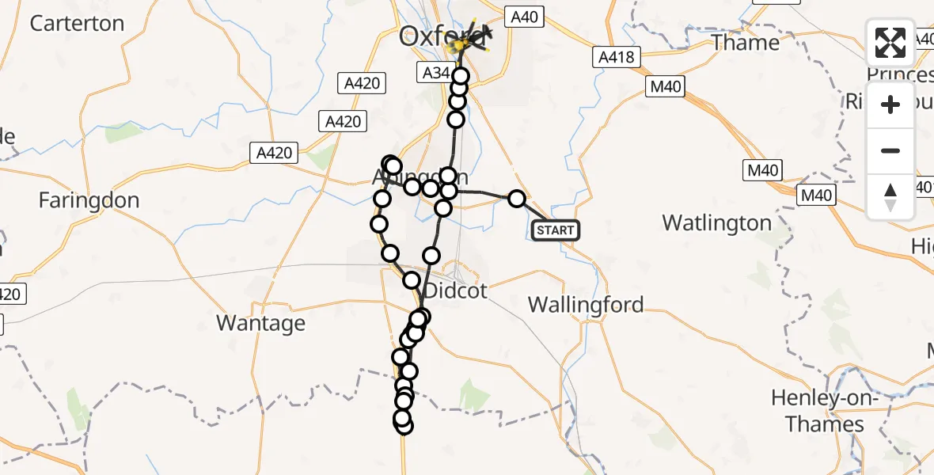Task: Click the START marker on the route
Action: (x=556, y=230)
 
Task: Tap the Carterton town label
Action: (x=77, y=23)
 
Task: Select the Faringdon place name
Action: (x=89, y=200)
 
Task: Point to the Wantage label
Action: (x=260, y=323)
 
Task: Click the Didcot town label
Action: (x=455, y=291)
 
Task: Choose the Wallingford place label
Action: (x=585, y=305)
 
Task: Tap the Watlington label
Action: (x=716, y=222)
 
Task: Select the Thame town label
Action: (x=745, y=42)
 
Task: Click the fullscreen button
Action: (x=890, y=43)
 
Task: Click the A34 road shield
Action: (x=435, y=73)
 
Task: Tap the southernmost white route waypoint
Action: (x=404, y=426)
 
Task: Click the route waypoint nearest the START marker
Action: (x=516, y=199)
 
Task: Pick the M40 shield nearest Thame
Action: (x=665, y=87)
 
